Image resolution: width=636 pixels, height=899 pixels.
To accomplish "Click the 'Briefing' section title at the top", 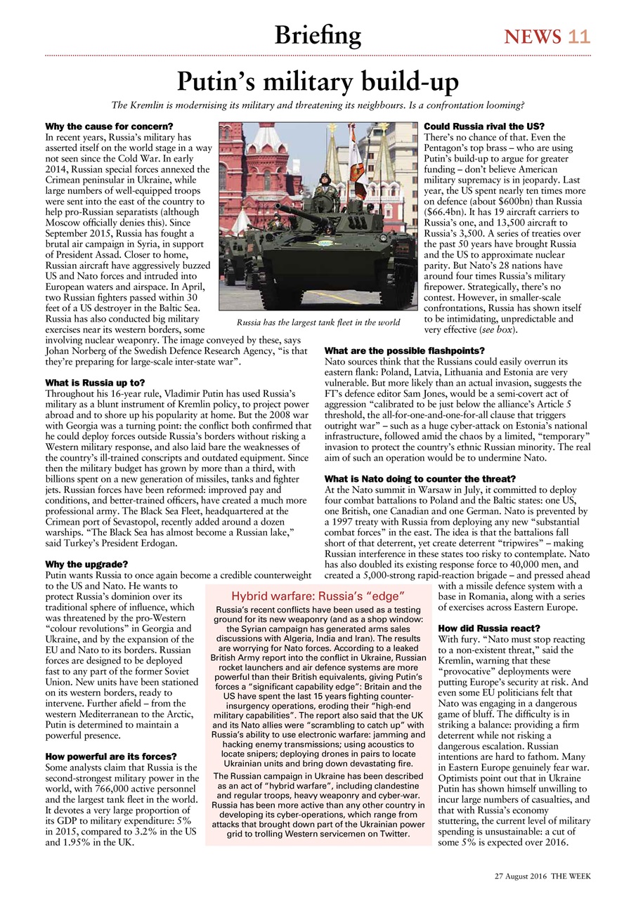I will click(x=318, y=35).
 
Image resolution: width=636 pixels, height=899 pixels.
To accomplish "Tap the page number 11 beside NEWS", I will click(x=580, y=37).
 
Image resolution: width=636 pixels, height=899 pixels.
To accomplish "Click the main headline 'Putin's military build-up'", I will click(x=317, y=83).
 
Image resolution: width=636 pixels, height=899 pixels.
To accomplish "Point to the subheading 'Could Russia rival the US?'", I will click(x=480, y=126).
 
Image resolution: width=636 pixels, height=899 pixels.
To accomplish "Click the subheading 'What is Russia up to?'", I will click(x=95, y=382).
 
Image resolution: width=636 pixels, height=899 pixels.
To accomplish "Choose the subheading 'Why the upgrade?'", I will click(x=86, y=564).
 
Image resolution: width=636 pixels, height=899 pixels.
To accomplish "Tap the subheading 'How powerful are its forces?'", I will click(x=110, y=756).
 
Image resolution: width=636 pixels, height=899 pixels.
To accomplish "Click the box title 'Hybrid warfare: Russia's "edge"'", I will click(x=318, y=596).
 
